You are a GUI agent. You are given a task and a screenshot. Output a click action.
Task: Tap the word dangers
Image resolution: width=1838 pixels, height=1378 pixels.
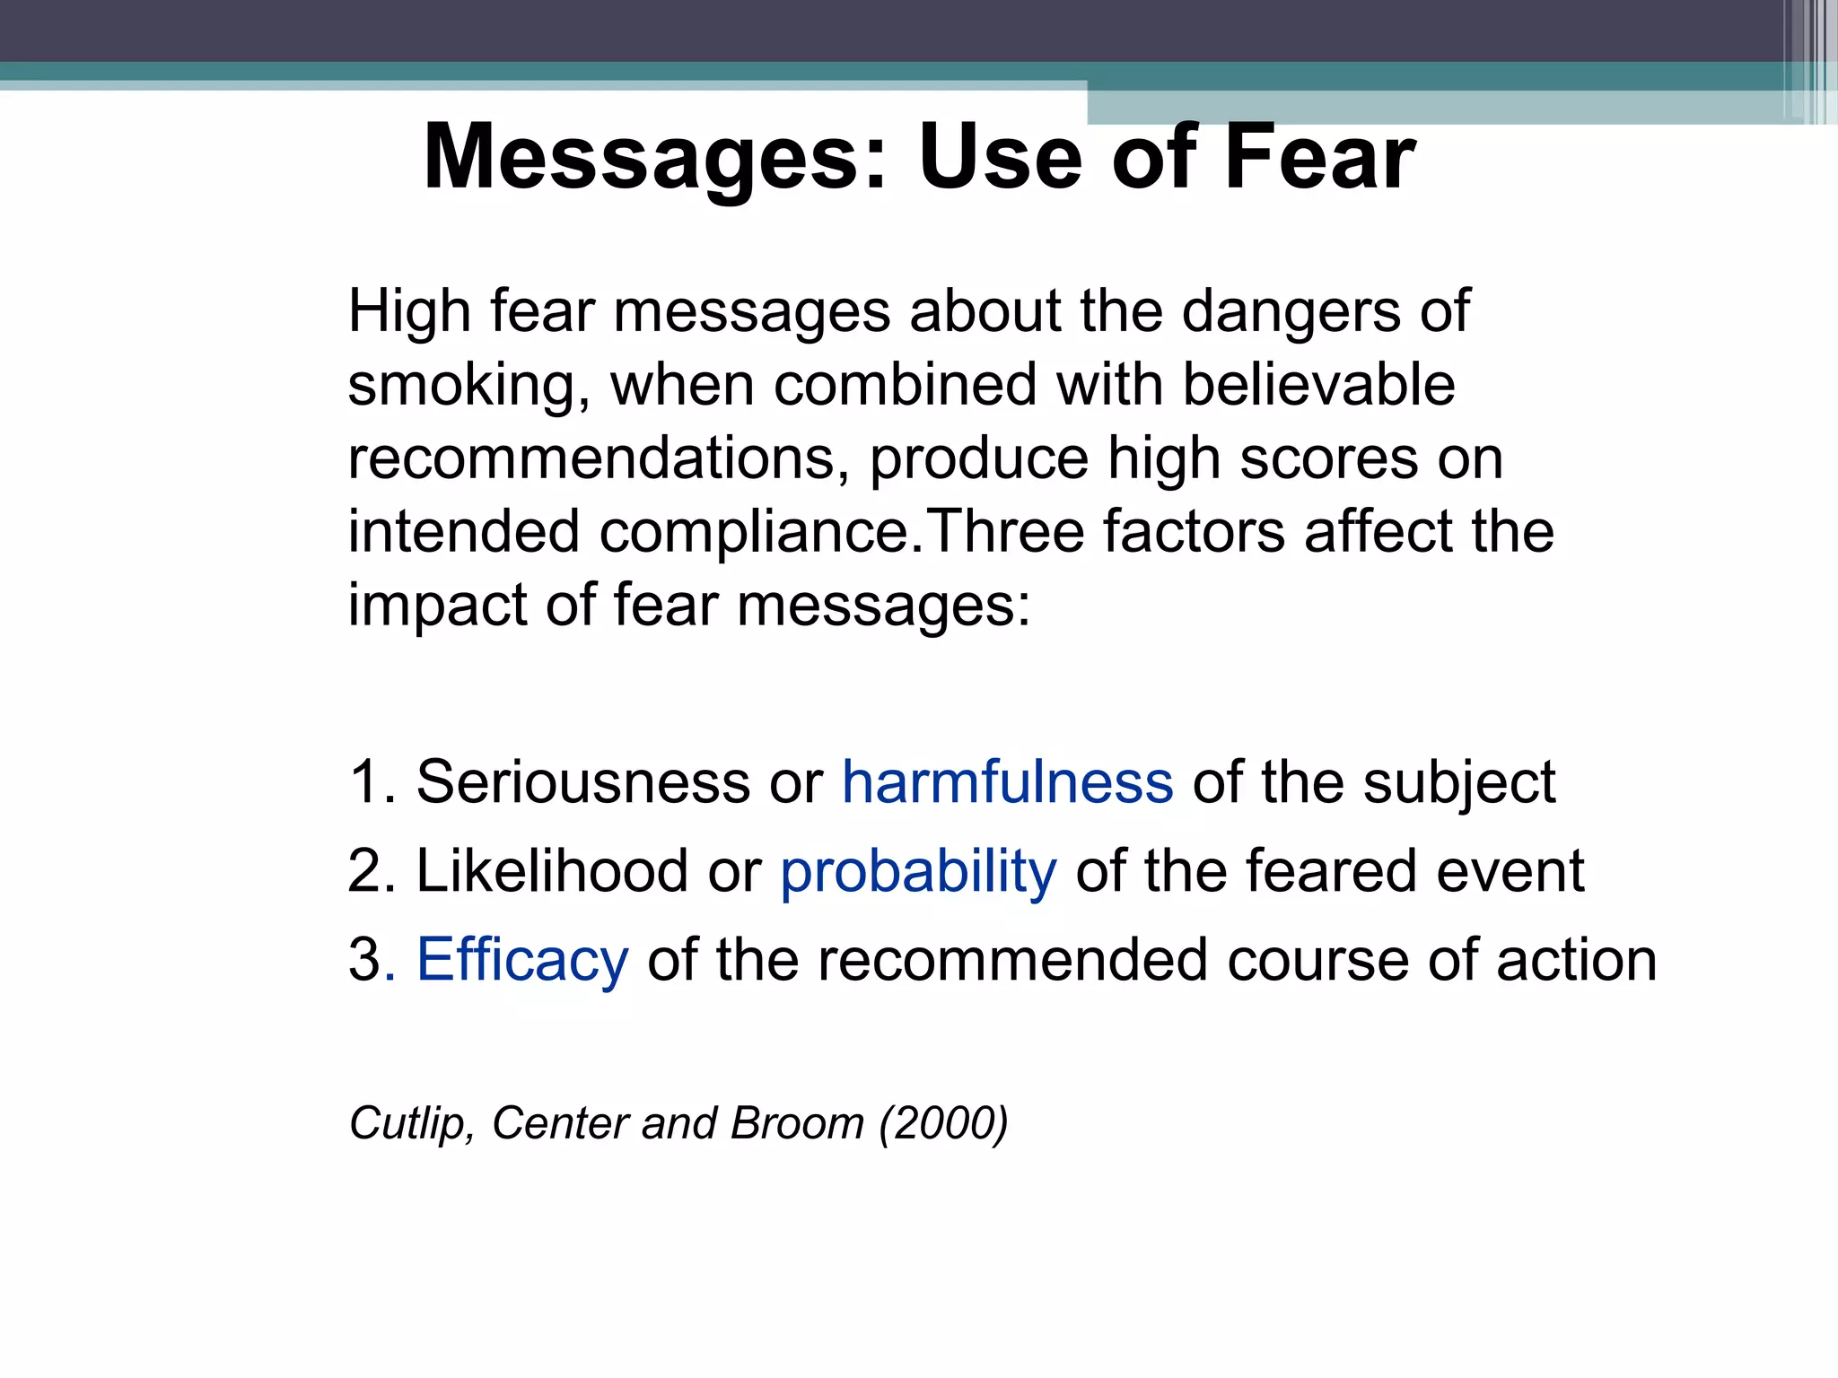coord(1291,312)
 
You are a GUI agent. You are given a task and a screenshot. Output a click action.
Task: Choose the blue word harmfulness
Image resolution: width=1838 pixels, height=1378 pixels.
coord(1007,781)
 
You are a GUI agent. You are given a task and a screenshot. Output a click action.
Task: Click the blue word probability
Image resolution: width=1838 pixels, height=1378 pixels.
coord(918,872)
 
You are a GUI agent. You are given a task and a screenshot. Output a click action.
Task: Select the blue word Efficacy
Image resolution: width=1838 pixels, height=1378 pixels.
coord(522,961)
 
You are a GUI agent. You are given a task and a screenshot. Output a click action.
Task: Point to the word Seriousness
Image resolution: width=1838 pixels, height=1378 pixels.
coord(582,781)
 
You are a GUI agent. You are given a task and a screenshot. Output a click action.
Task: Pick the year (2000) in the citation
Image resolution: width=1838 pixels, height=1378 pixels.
coord(943,1123)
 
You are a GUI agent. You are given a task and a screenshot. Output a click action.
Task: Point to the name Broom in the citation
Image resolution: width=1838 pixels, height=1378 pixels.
coord(797,1123)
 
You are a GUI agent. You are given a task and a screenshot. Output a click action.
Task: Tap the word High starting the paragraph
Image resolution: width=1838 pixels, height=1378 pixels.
coord(409,312)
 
